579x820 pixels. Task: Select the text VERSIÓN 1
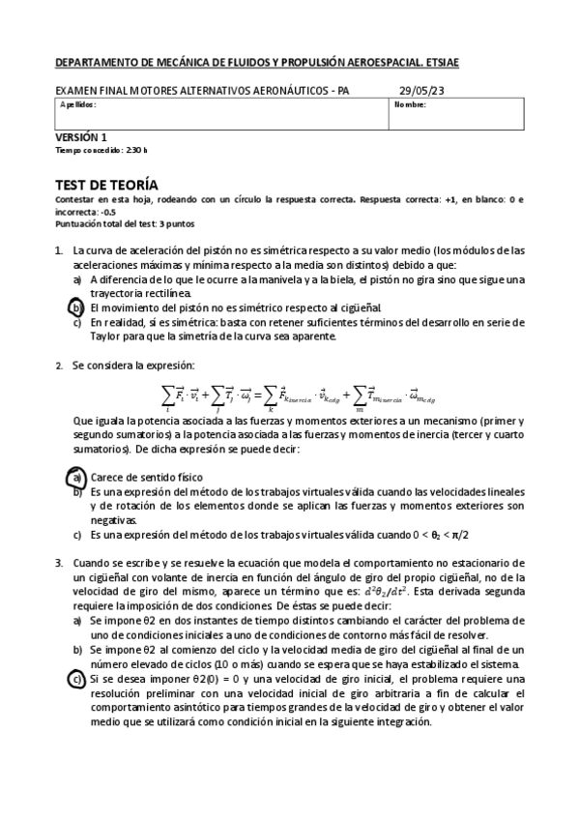[x=81, y=138]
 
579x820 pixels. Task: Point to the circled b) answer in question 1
[x=78, y=307]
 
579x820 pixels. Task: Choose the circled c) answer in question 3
[x=77, y=680]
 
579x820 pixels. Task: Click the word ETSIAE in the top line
[x=438, y=63]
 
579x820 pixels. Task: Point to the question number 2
[x=59, y=365]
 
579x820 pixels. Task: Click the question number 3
[x=59, y=563]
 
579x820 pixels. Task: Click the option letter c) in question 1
[x=77, y=322]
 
